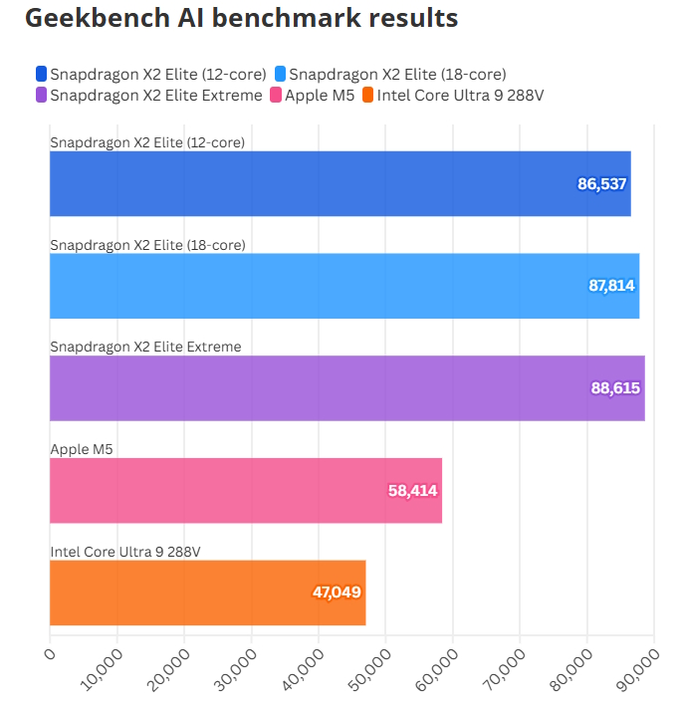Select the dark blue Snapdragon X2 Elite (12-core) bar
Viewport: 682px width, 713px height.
click(340, 183)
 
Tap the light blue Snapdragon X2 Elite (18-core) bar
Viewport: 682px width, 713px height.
click(344, 286)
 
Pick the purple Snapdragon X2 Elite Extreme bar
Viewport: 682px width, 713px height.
click(346, 387)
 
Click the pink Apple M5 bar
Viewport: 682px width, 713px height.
click(246, 490)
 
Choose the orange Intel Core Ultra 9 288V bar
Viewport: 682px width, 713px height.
click(207, 593)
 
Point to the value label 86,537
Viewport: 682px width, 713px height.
click(602, 183)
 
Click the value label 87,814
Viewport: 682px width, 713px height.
click(611, 286)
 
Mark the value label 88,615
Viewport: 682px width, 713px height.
click(615, 387)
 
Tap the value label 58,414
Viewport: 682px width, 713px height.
click(412, 490)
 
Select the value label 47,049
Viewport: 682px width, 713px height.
click(337, 593)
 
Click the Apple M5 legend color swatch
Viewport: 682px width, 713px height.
click(275, 96)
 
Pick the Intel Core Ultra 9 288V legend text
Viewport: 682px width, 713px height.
click(460, 96)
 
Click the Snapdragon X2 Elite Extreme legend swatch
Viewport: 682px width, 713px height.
click(41, 96)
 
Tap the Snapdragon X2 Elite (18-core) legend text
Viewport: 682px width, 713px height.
click(398, 74)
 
